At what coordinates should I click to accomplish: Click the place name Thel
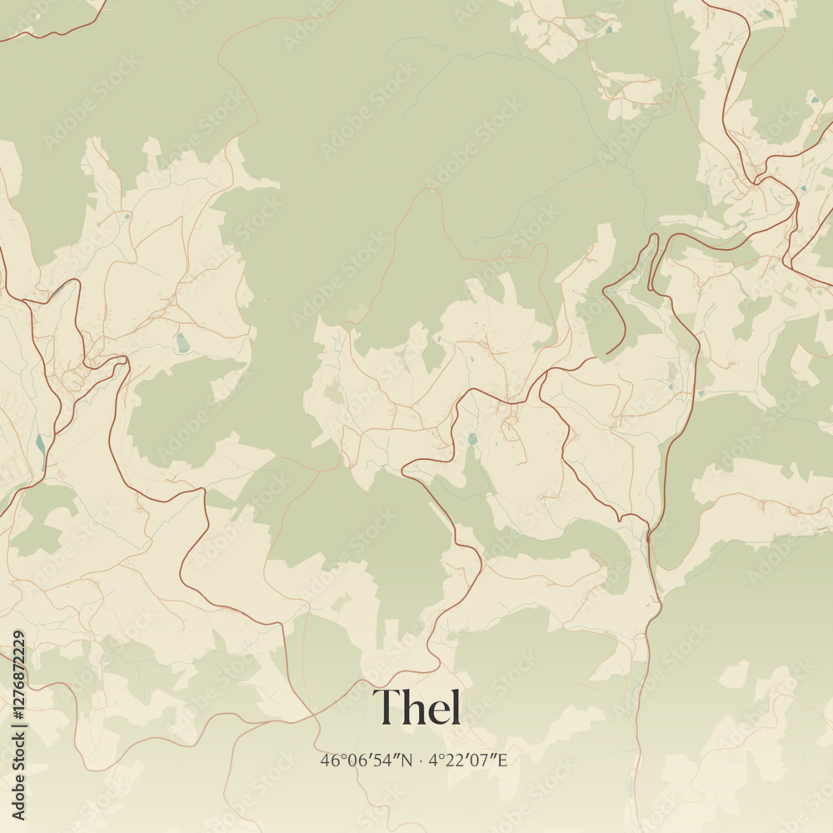[x=416, y=707]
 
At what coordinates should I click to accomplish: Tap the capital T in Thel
[x=386, y=708]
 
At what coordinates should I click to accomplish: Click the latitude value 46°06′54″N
[x=367, y=760]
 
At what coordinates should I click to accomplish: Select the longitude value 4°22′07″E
[x=468, y=760]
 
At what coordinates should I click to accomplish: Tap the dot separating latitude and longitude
[x=421, y=761]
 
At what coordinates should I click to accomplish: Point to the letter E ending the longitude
[x=502, y=760]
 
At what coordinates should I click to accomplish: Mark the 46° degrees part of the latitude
[x=330, y=760]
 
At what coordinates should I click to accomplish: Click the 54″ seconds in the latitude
[x=390, y=760]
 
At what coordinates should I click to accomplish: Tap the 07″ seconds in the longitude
[x=482, y=760]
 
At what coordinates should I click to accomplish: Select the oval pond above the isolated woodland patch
[x=182, y=342]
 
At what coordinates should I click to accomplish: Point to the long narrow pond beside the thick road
[x=40, y=444]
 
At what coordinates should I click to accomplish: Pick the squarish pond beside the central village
[x=473, y=438]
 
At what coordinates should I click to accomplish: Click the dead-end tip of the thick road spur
[x=606, y=353]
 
